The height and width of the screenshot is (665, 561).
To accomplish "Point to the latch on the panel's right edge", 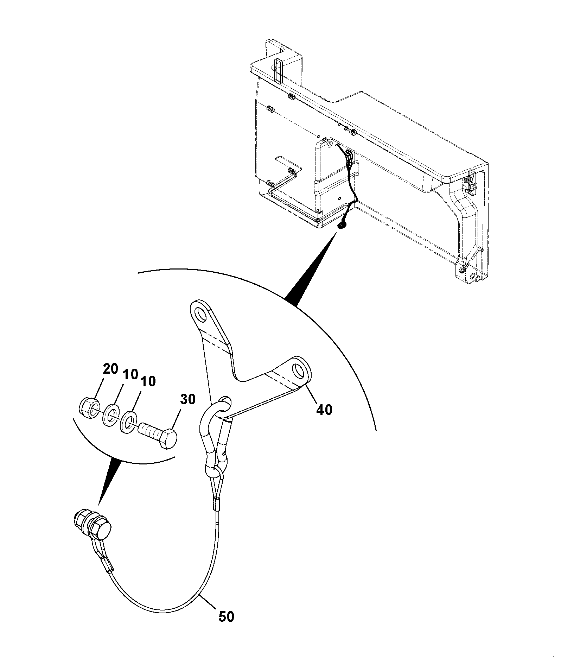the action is click(471, 181).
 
